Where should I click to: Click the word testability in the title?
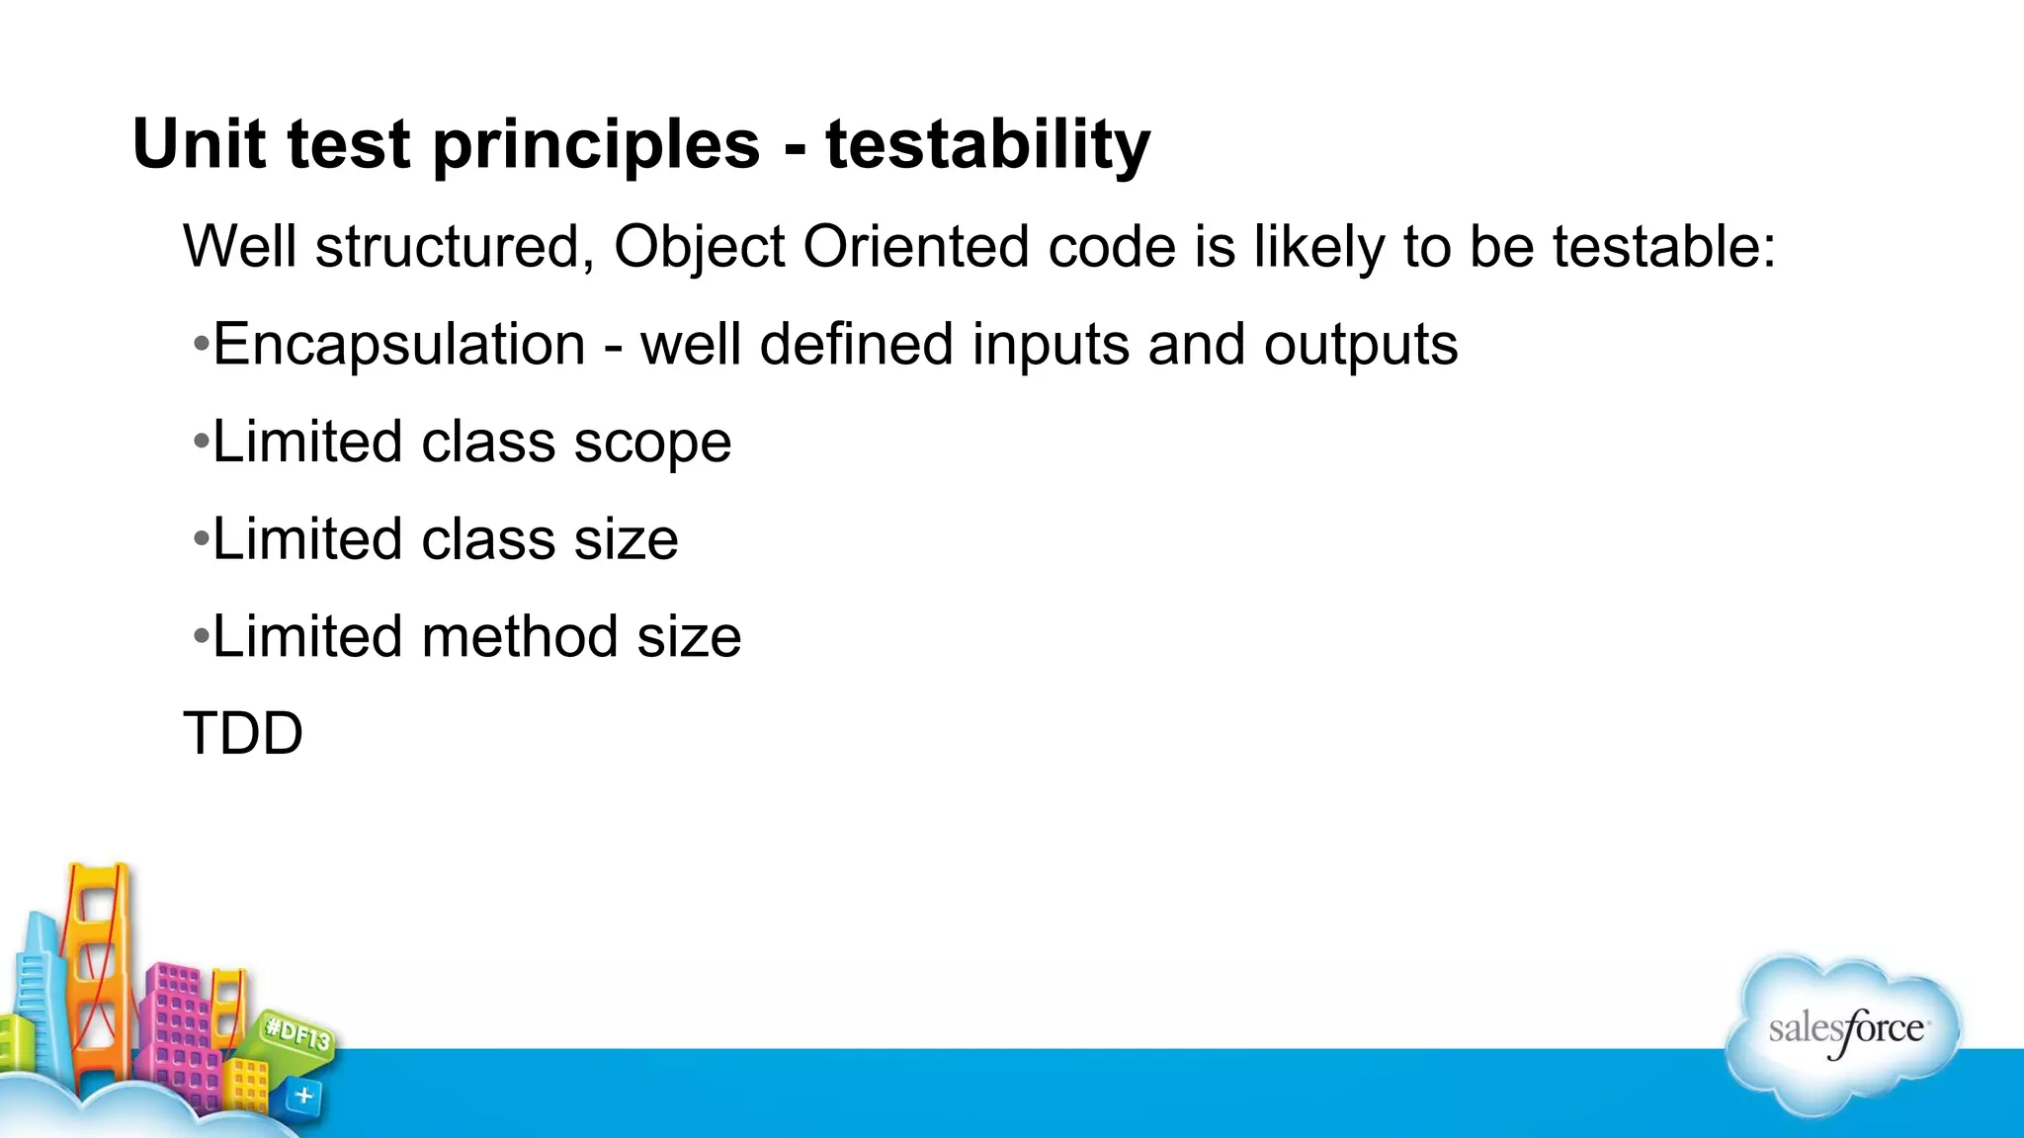point(987,144)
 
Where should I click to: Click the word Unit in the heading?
point(198,144)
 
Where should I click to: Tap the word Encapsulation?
point(399,346)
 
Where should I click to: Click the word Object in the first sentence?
point(699,247)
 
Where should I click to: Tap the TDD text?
point(243,734)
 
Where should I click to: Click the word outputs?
point(1360,346)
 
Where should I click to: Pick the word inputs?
point(1050,346)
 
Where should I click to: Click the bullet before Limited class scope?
point(201,442)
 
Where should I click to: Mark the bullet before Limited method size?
point(201,636)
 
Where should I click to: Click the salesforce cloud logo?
point(1844,1033)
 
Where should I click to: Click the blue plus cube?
point(304,1096)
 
